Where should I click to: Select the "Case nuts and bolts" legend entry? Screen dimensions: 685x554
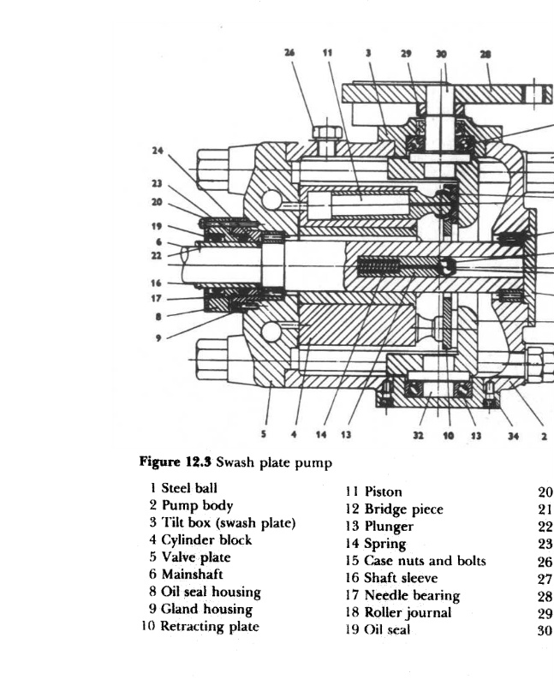(x=425, y=561)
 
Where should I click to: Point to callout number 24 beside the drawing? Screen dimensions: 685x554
(x=158, y=151)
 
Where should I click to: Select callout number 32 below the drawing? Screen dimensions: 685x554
(x=418, y=435)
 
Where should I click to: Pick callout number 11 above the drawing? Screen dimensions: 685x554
(x=326, y=52)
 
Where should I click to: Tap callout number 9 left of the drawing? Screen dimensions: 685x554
(x=158, y=337)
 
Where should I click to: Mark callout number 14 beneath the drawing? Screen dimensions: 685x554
(x=321, y=435)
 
